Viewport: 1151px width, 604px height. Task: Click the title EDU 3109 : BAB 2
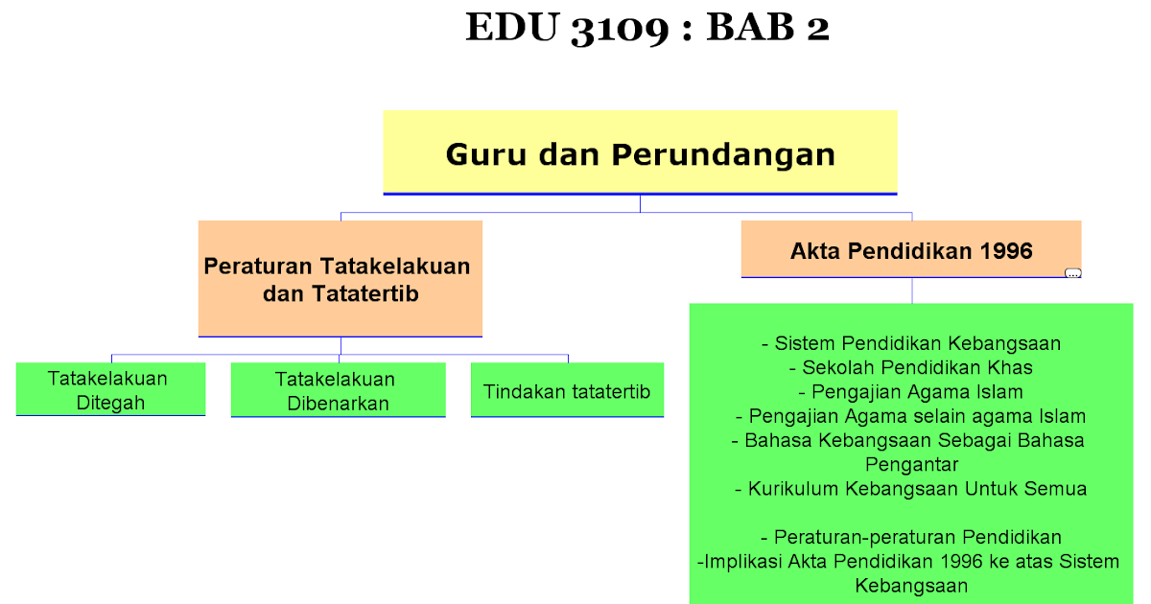tap(647, 27)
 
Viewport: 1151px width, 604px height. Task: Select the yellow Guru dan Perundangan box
tap(641, 152)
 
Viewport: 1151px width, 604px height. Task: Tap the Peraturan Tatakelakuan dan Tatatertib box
tap(341, 279)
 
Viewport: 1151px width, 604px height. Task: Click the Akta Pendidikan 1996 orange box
tap(911, 249)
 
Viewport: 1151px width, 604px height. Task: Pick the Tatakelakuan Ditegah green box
tap(110, 389)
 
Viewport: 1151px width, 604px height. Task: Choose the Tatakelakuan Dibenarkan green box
tap(338, 390)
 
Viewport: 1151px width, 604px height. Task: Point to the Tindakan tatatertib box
tap(567, 390)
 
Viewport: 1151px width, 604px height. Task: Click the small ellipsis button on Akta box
tap(1073, 273)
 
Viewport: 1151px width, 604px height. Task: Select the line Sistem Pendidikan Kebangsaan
tap(911, 343)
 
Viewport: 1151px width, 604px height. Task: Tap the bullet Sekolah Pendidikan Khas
tap(911, 367)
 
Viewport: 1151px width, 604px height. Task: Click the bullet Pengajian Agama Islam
tap(911, 392)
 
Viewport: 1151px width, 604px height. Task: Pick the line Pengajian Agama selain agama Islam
tap(911, 416)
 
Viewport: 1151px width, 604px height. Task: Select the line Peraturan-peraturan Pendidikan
tap(911, 537)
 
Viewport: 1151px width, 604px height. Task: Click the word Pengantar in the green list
tap(912, 465)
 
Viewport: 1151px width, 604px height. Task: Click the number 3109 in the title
tap(620, 29)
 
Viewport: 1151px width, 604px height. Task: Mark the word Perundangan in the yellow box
tap(723, 155)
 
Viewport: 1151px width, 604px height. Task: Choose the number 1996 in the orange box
tap(1006, 250)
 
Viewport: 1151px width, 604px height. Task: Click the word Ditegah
tap(110, 404)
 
